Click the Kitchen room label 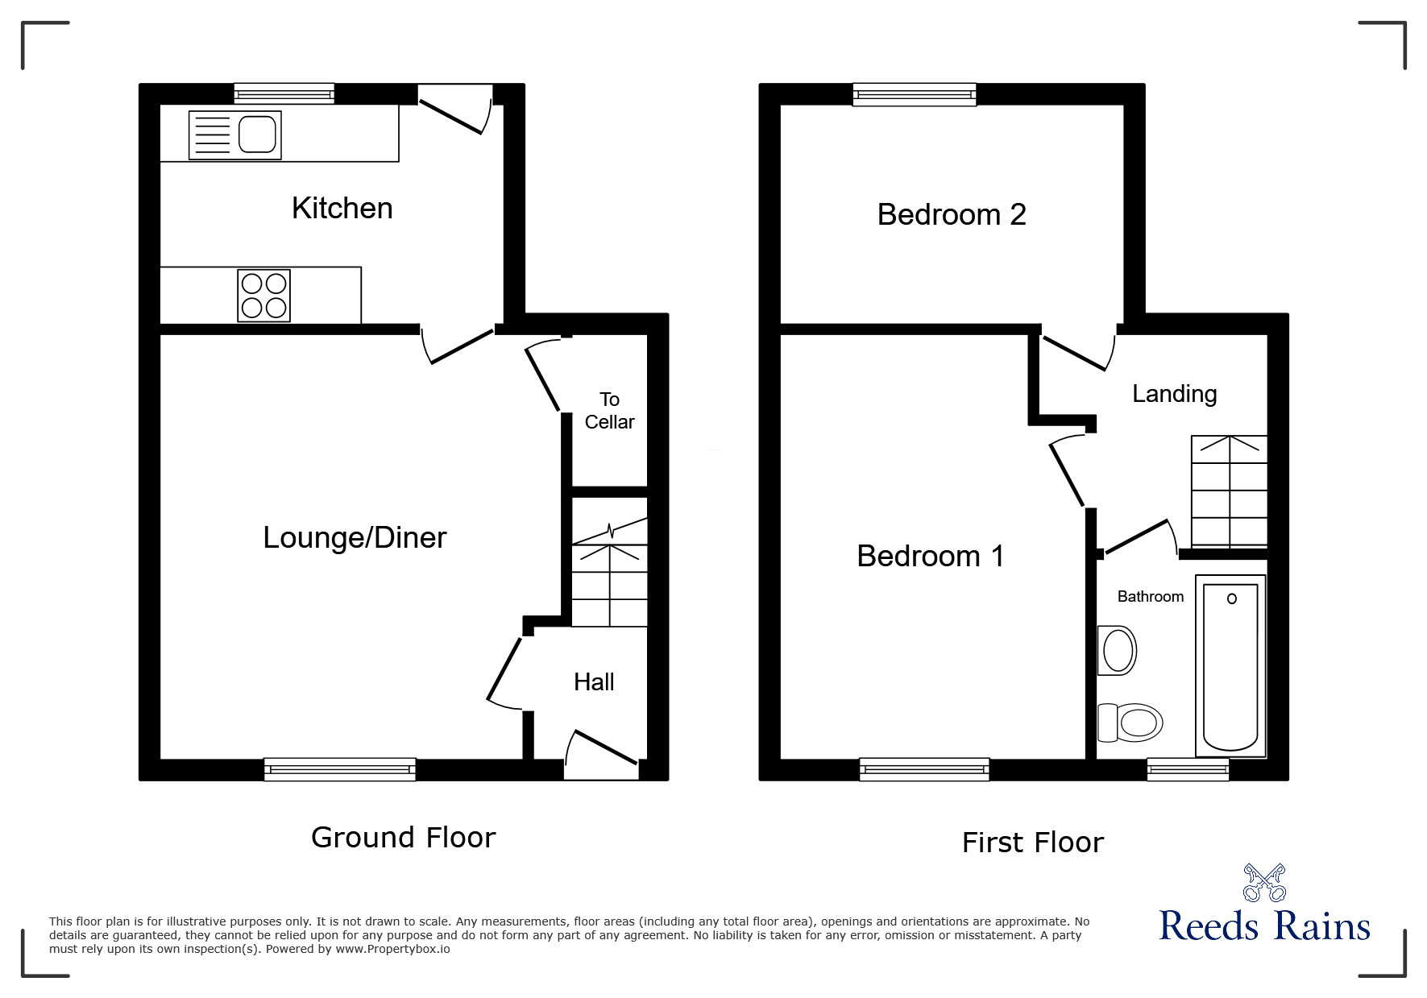point(342,209)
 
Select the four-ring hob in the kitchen point(264,296)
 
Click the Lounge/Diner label point(355,538)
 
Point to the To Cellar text point(609,411)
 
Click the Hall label point(594,682)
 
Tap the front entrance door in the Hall point(602,748)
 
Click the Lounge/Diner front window point(340,770)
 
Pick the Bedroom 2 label point(952,215)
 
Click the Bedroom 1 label point(931,557)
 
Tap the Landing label point(1174,394)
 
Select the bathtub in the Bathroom point(1230,666)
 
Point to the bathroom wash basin point(1118,650)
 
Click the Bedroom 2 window point(915,95)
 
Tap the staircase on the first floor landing point(1229,492)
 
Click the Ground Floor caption point(403,838)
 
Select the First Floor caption point(1032,843)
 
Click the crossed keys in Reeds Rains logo point(1264,883)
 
